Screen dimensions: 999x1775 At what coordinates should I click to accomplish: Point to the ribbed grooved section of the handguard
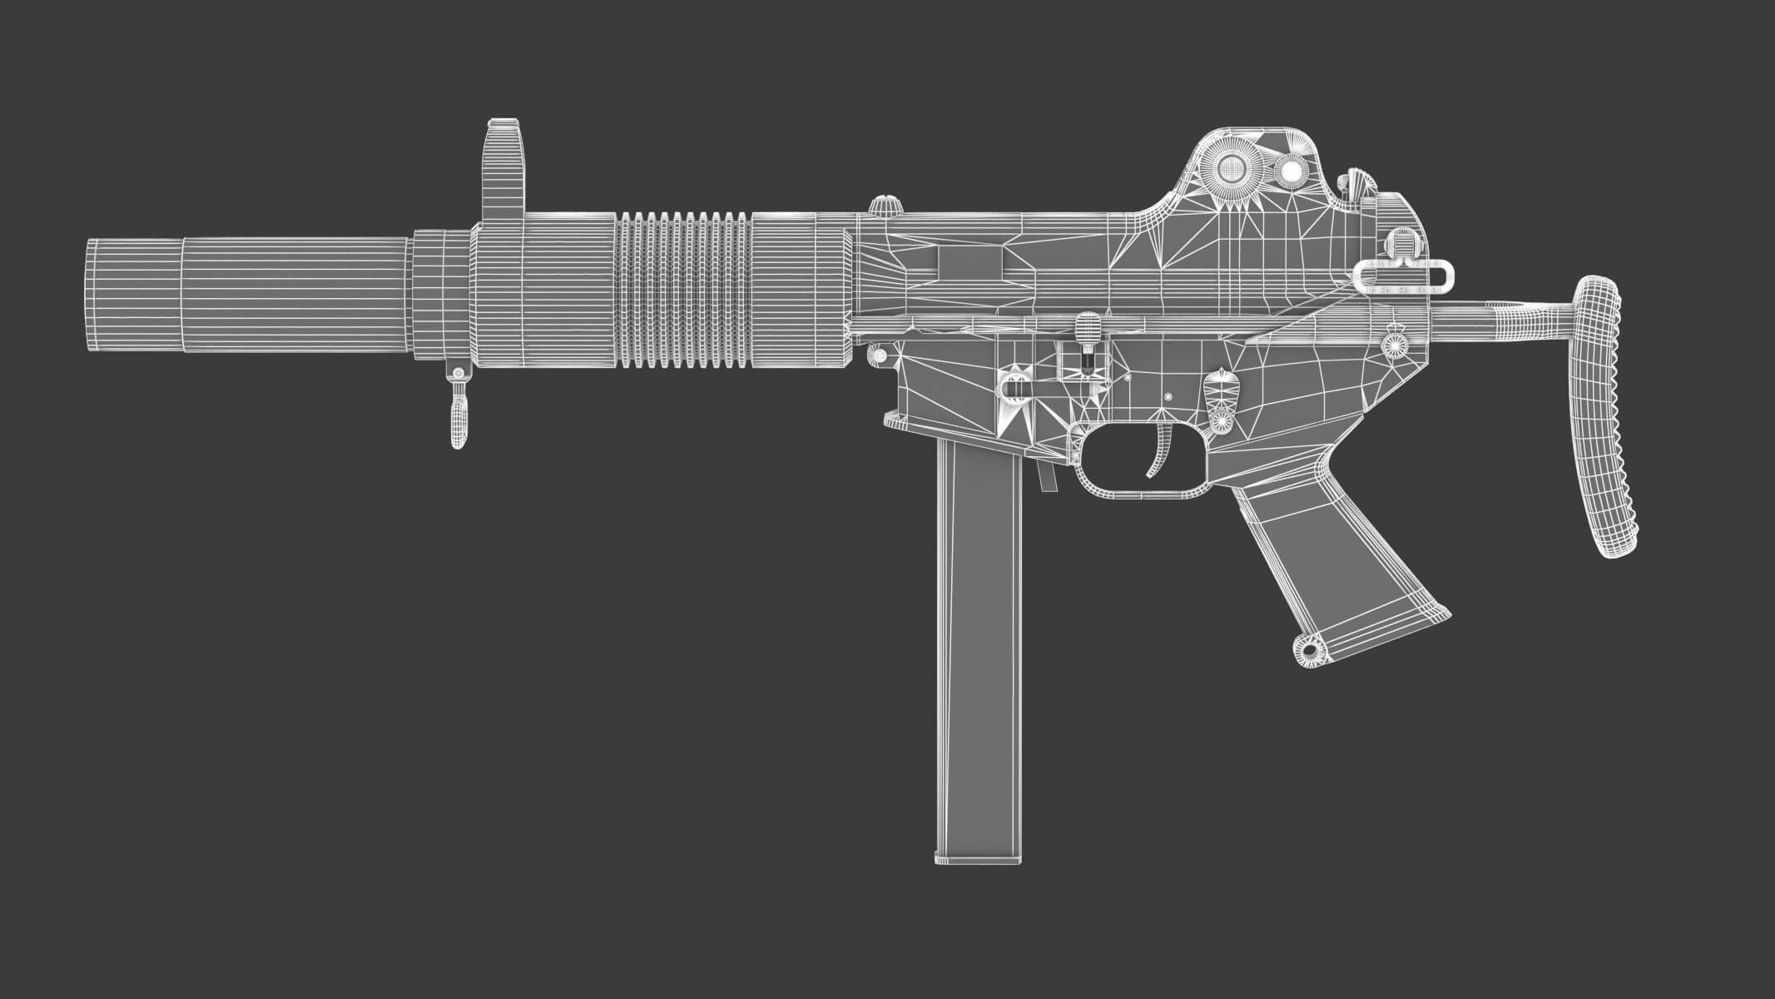[684, 289]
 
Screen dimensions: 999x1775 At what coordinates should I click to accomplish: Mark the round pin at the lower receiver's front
[877, 355]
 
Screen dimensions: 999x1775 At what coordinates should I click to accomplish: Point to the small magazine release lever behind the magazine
[1047, 477]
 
